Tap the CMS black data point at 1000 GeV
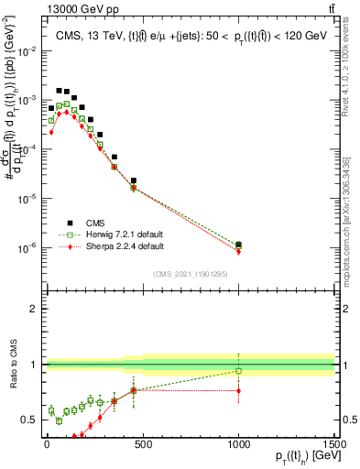tap(238, 245)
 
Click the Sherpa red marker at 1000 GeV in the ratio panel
tap(238, 391)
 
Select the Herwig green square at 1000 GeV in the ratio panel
tap(238, 371)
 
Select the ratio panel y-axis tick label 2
tap(33, 309)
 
